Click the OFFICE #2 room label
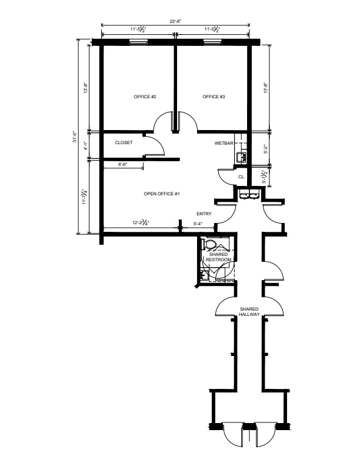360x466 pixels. pos(145,96)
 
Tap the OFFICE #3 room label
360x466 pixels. pos(214,96)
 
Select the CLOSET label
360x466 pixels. pos(124,142)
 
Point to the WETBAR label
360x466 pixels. pos(224,143)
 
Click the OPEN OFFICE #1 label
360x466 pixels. pos(162,194)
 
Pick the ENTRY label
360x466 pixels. pos(204,214)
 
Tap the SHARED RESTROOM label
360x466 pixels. pos(219,257)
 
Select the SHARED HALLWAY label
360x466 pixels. pos(249,312)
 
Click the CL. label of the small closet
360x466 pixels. pos(242,177)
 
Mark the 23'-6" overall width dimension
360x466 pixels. pos(175,21)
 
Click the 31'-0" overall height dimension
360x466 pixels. pos(75,137)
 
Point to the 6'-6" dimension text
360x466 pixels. pos(123,164)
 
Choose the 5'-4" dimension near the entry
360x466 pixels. pos(198,224)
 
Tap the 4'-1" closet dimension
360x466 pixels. pos(85,146)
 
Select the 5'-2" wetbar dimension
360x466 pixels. pos(266,149)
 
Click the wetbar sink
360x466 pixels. pos(241,157)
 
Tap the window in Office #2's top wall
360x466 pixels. pos(138,42)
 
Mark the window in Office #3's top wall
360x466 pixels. pos(213,42)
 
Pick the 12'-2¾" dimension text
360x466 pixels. pos(141,222)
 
